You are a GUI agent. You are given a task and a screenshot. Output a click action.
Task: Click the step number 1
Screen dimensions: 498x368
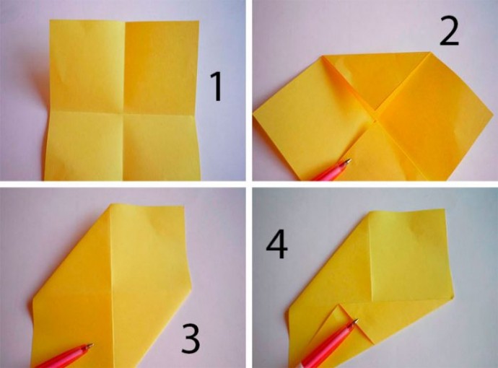(x=217, y=87)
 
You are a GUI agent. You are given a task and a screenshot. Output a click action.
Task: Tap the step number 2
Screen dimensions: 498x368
(x=449, y=32)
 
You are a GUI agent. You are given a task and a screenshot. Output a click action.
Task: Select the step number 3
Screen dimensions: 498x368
(x=191, y=339)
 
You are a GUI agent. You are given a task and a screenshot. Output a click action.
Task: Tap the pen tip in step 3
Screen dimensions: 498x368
(x=92, y=344)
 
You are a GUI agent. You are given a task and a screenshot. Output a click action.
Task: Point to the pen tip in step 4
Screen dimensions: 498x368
(x=357, y=320)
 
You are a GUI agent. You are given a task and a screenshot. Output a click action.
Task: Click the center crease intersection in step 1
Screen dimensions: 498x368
(x=123, y=112)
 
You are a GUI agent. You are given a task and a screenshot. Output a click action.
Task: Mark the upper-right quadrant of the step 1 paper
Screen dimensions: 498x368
(x=162, y=66)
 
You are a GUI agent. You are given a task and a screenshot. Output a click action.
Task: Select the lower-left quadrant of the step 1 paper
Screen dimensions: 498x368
(x=83, y=145)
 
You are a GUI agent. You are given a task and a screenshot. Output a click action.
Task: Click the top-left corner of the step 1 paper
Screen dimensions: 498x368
(x=50, y=20)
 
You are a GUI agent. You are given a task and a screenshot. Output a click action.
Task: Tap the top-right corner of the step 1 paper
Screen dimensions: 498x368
(x=199, y=21)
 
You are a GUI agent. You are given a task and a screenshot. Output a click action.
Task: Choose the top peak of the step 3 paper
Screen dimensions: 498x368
(x=111, y=204)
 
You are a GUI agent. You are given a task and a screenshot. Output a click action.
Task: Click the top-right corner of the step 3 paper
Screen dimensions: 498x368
(x=184, y=206)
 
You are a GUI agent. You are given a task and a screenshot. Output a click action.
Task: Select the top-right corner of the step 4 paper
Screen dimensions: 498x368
(x=445, y=209)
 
